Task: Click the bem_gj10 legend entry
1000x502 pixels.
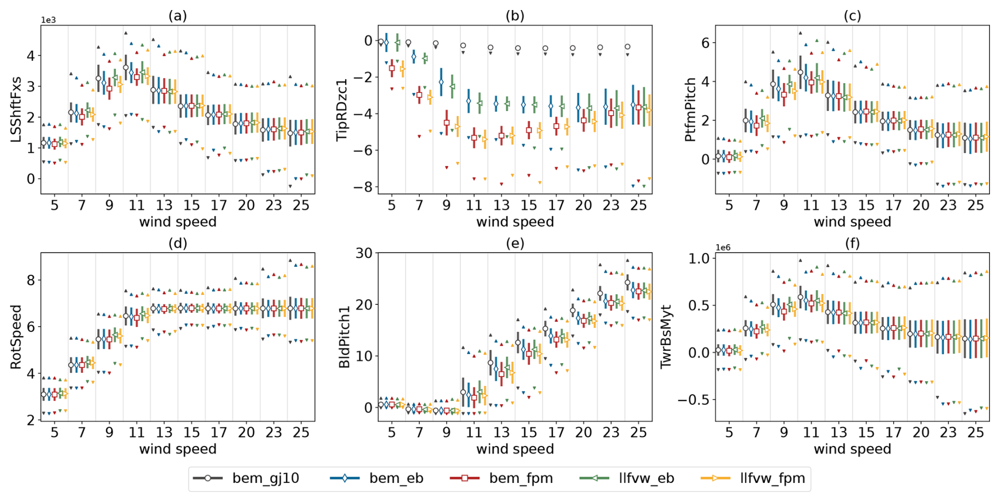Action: coord(246,479)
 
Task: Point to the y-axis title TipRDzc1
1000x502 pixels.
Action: coord(343,109)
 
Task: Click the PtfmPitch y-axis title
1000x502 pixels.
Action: coord(690,109)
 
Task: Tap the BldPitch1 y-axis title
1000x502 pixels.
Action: coord(343,337)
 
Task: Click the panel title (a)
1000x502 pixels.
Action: coord(178,16)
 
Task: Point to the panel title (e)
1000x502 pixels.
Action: coord(515,243)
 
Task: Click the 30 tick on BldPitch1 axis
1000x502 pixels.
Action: coord(364,253)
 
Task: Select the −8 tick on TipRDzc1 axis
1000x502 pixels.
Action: coord(364,187)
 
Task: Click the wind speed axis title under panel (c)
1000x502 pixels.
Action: coord(852,222)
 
